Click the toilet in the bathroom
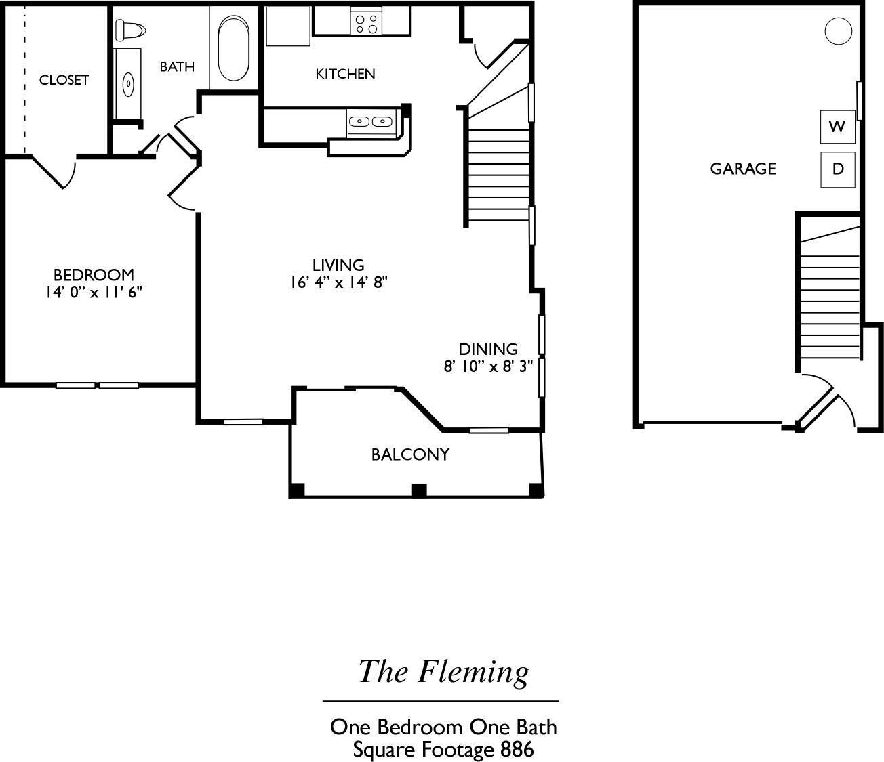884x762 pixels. coord(131,30)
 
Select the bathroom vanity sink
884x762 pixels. coord(128,85)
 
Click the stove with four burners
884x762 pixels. coord(366,24)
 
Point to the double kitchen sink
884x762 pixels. coord(371,122)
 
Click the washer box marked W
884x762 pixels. coord(837,127)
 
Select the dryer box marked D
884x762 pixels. coord(838,169)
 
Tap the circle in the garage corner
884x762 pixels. coord(838,31)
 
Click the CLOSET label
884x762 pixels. coord(64,80)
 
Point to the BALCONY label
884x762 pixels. coord(410,454)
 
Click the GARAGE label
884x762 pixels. coord(743,169)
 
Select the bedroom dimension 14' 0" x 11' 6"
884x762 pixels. coord(94,293)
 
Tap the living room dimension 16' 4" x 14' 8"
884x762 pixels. coord(338,282)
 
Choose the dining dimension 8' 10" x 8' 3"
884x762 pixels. coord(488,366)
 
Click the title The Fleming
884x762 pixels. coord(443,672)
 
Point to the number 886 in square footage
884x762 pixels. coord(517,750)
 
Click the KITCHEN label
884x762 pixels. coord(345,74)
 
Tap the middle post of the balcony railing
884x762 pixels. coord(420,490)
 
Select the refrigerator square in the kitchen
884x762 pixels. coord(287,26)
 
